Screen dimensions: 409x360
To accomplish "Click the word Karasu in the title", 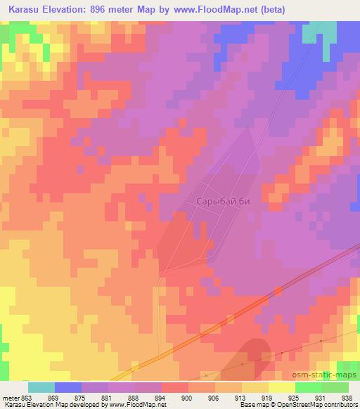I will click(x=29, y=9).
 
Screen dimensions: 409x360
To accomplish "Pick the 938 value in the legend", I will click(x=347, y=397).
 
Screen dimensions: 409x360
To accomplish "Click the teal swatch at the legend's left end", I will click(x=41, y=387).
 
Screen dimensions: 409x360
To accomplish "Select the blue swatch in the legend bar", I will click(x=68, y=387).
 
